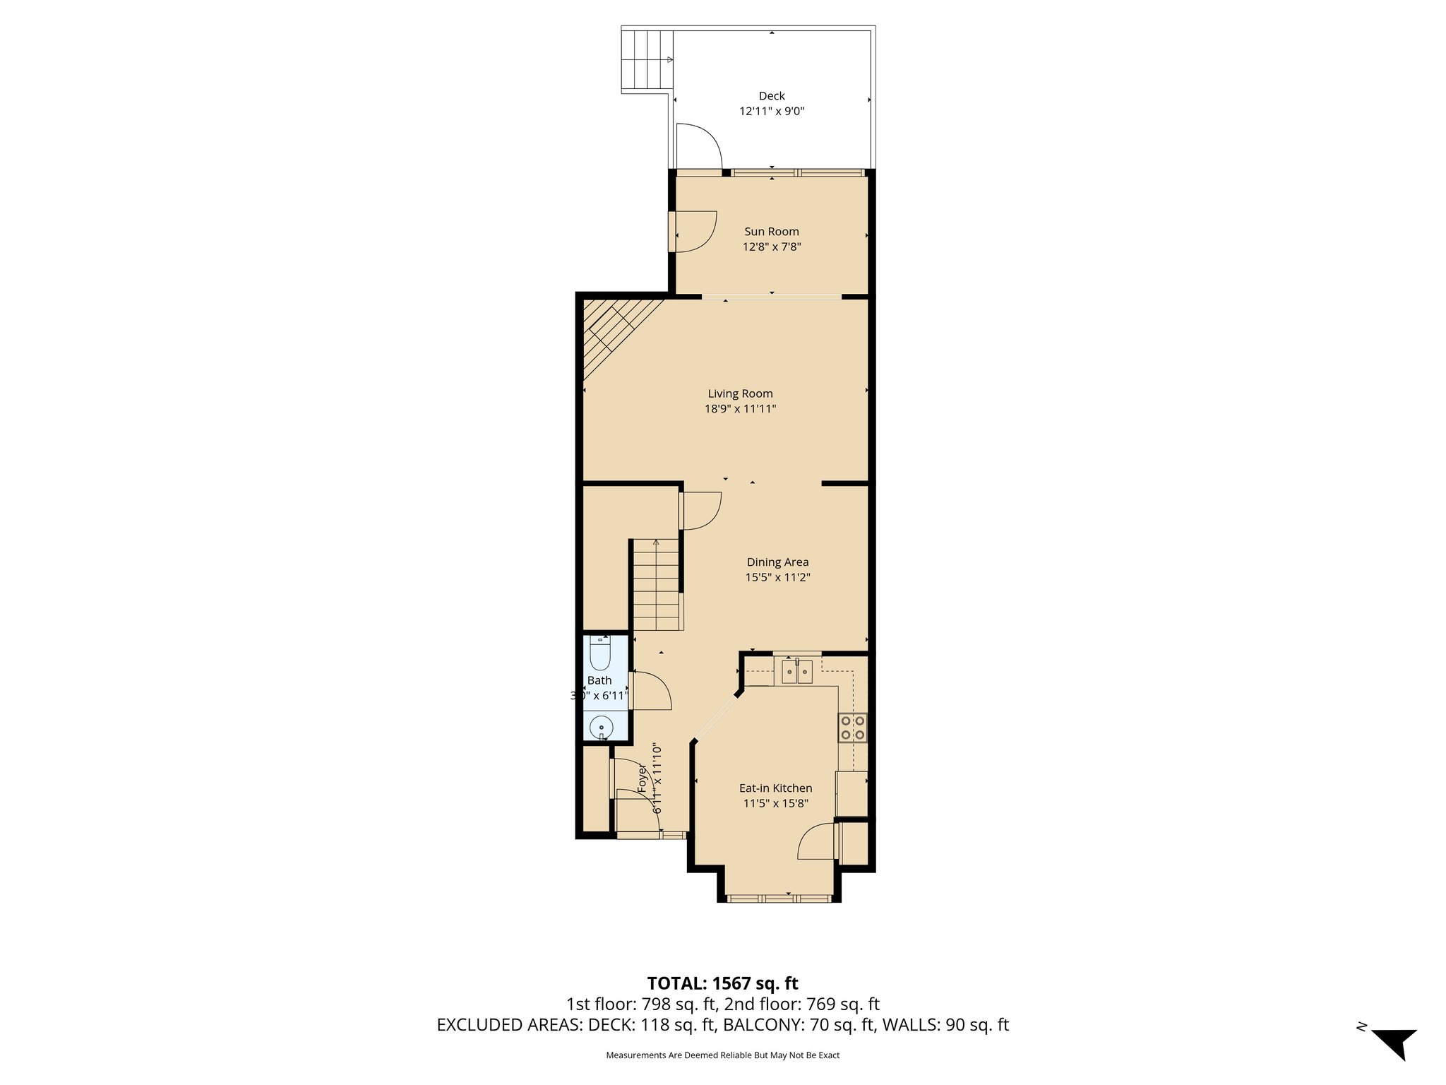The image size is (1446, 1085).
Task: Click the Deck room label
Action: tap(772, 96)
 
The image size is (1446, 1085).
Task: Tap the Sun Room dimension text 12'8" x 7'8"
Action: tap(772, 247)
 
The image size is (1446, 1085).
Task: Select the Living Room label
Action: tap(740, 393)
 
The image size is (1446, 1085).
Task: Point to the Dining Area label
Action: tap(777, 562)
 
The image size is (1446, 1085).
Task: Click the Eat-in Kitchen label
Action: tap(775, 788)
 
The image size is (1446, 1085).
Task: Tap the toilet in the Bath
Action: tap(599, 654)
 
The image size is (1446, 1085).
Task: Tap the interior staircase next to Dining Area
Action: tap(657, 585)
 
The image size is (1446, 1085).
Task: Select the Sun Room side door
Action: tap(693, 231)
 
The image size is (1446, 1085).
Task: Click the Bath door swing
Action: tap(650, 691)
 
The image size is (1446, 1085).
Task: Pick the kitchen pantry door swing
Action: tap(817, 842)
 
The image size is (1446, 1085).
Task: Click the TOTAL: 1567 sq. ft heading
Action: tap(722, 983)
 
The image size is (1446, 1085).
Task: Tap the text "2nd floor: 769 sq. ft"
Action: tap(802, 1004)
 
